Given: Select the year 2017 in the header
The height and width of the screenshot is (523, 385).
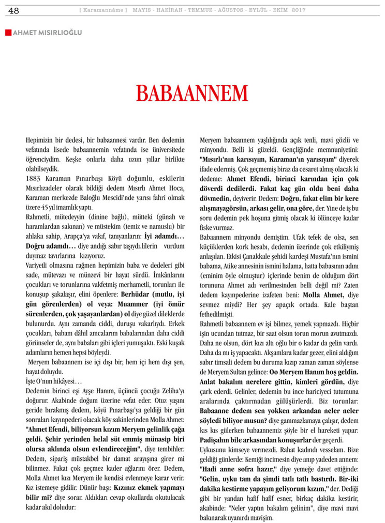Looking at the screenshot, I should point(299,10).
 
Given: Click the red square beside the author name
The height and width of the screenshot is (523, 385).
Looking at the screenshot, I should point(8,33).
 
